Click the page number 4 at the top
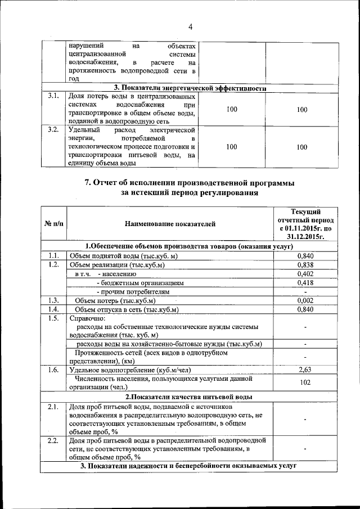click(x=190, y=27)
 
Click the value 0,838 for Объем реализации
click(x=305, y=265)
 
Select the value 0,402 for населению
click(x=305, y=274)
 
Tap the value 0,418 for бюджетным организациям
click(x=305, y=283)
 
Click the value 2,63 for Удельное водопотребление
click(x=305, y=370)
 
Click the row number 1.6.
click(x=54, y=370)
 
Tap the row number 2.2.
click(x=54, y=440)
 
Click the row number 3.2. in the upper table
click(x=54, y=130)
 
